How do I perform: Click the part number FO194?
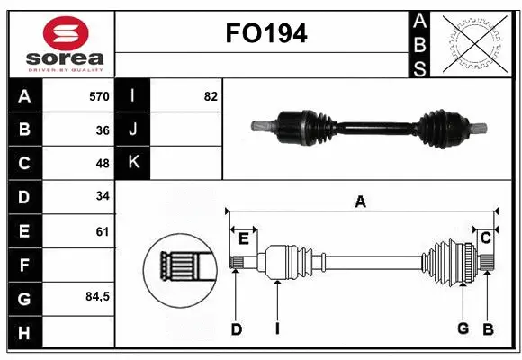coord(266,34)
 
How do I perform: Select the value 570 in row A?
coord(99,96)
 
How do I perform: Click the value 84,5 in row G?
coord(96,296)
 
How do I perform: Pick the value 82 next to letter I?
coord(211,96)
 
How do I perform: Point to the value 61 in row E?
coord(102,231)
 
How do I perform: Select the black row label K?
coord(133,163)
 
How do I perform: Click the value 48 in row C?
coord(102,163)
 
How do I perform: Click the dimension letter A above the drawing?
coord(360,202)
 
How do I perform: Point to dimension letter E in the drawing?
coord(243,238)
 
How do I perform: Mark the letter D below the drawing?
coord(236,329)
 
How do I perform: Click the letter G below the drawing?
coord(463,329)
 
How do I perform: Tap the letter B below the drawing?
coord(488,329)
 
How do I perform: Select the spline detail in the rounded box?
coord(180,266)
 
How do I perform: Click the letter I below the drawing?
coord(277,329)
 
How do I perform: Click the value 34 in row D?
coord(102,196)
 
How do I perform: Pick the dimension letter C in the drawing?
coord(485,238)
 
